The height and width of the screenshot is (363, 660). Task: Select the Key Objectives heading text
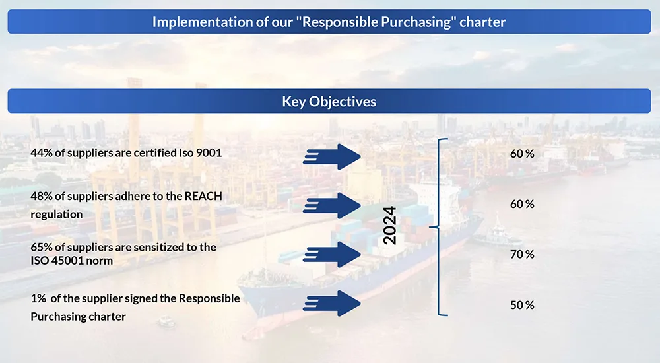[329, 102]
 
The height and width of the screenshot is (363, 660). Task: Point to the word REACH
[205, 197]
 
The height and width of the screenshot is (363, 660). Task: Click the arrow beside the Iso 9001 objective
[333, 156]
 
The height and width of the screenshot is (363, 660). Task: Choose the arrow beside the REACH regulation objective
[333, 205]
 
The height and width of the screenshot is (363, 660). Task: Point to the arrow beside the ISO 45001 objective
[333, 254]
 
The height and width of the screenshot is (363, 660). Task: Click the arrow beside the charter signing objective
[333, 303]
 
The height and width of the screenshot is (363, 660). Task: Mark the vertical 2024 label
[390, 226]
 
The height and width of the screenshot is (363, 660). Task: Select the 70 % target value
[522, 254]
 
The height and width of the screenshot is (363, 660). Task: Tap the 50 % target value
[522, 305]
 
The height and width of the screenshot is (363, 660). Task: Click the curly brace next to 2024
[439, 227]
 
